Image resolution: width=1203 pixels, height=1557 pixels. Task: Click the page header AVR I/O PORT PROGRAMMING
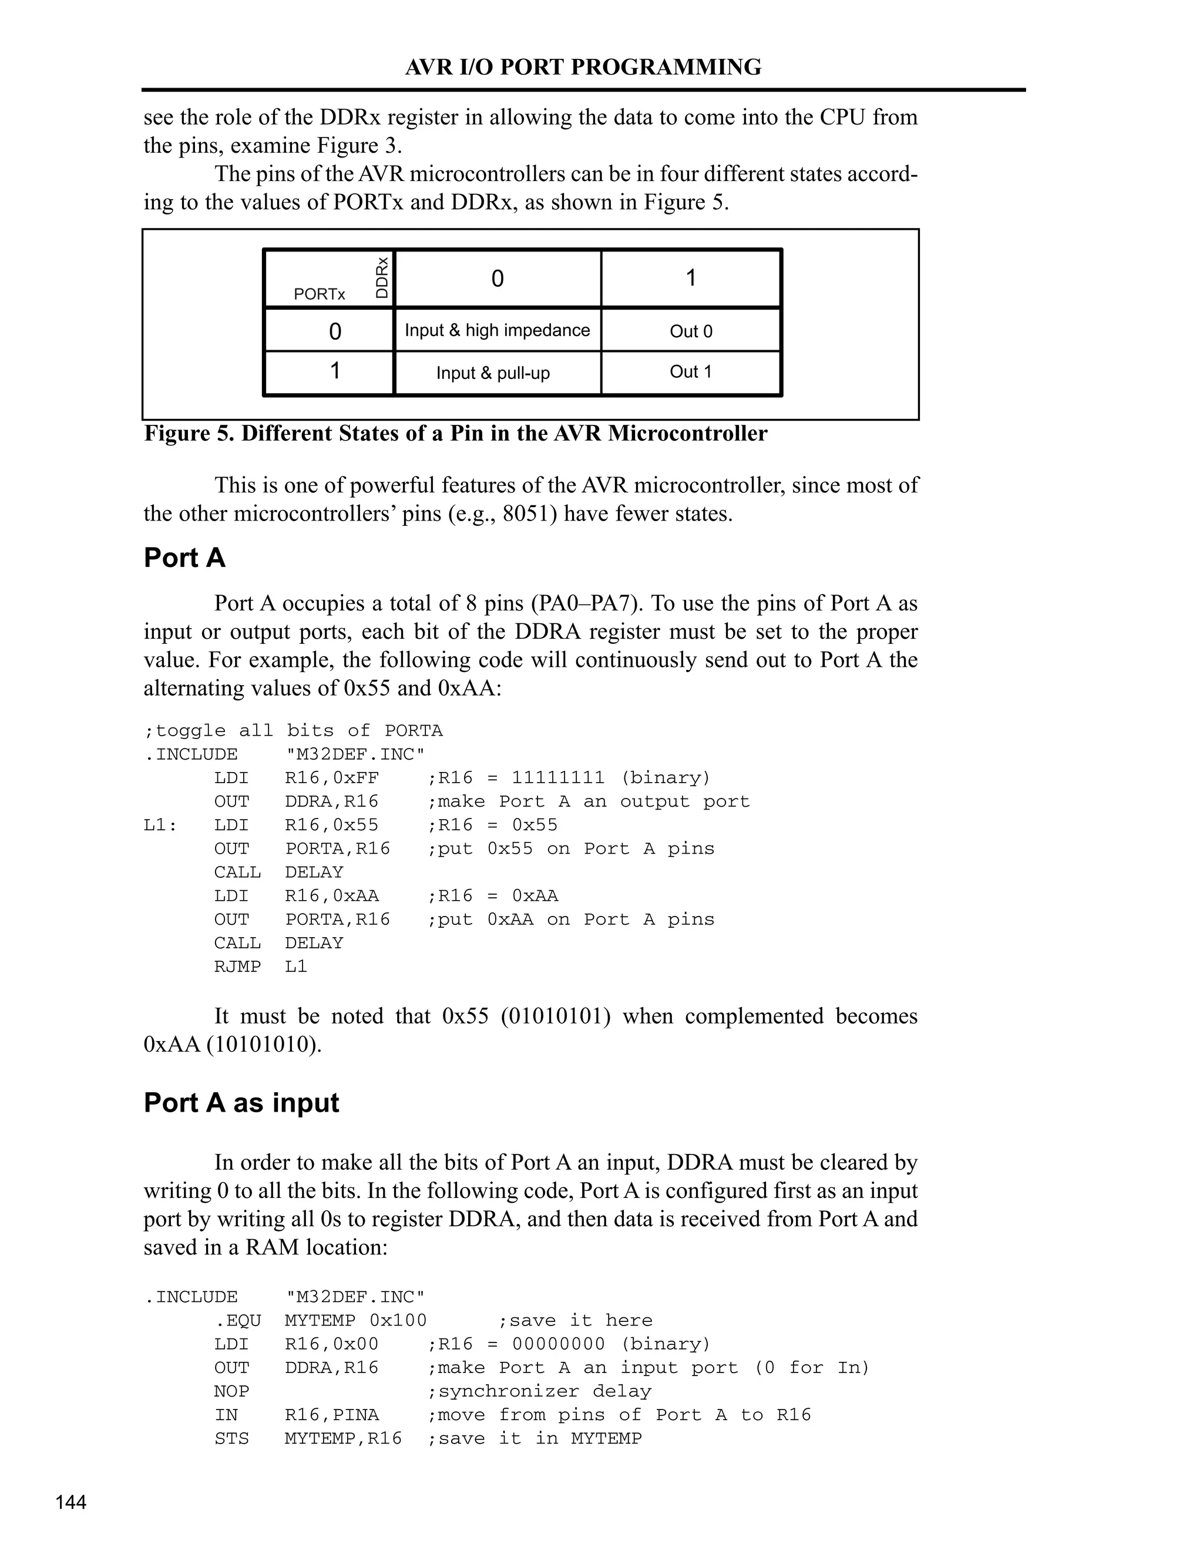(x=583, y=67)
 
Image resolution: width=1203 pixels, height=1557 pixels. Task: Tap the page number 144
(x=70, y=1502)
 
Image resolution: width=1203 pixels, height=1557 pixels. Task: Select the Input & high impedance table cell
(x=497, y=330)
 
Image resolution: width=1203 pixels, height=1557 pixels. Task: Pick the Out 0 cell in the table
(x=691, y=331)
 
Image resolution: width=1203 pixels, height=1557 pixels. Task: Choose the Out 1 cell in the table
(x=691, y=371)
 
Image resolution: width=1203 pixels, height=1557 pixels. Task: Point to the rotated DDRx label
(x=383, y=278)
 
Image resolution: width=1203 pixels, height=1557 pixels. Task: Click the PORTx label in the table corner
(x=320, y=294)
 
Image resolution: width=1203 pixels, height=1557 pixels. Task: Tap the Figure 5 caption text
(x=455, y=434)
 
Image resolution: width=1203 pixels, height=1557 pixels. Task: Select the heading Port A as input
(x=241, y=1102)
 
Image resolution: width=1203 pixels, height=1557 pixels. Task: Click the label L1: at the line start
(x=160, y=825)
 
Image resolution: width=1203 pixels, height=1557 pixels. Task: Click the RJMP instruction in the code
(x=237, y=966)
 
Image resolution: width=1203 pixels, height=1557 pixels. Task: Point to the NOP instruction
(x=231, y=1391)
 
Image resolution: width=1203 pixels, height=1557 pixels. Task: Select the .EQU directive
(x=237, y=1320)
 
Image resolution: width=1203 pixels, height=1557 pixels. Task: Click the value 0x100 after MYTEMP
(x=398, y=1320)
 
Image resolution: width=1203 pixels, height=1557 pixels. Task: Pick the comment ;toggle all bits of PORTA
(x=293, y=731)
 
